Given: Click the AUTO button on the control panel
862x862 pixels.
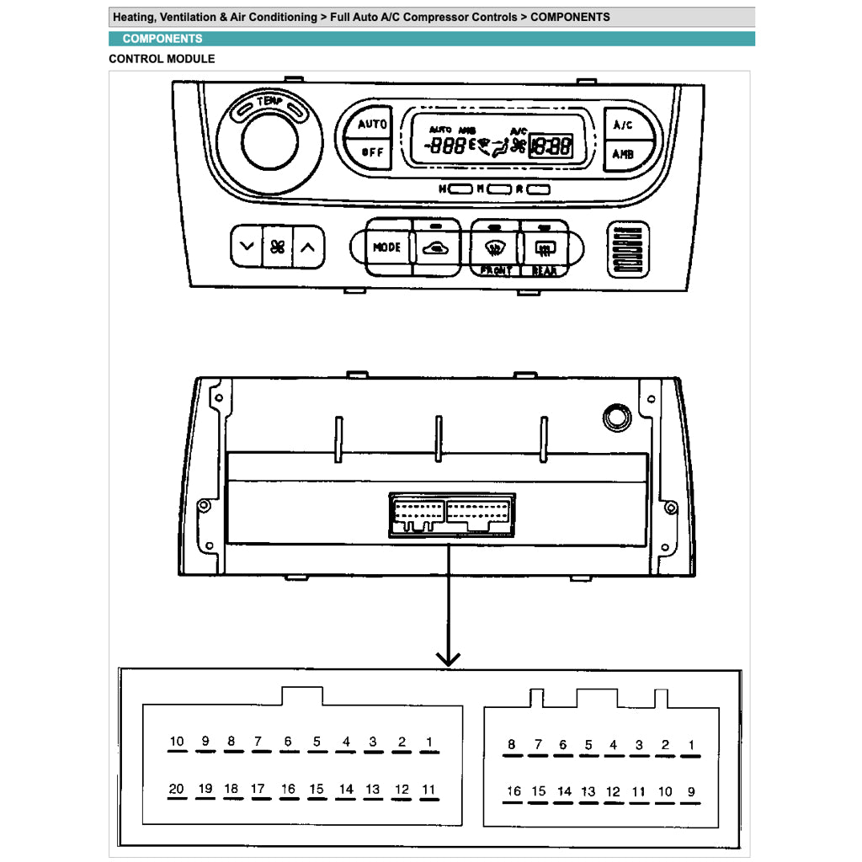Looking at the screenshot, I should coord(371,125).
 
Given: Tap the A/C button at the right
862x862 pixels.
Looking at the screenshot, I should coord(623,125).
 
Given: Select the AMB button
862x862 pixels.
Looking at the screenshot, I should coord(623,154).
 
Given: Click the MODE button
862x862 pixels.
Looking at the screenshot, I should coord(387,247).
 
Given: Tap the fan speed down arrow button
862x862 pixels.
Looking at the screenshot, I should coord(246,247).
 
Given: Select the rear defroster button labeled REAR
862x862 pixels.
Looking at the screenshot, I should coord(543,247).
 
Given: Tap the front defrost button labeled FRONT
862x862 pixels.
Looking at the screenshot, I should coord(495,247).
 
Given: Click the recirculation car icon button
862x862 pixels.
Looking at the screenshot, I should coord(435,247).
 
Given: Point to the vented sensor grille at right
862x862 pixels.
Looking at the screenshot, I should coord(627,250).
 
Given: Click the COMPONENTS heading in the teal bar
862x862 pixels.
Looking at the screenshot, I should coord(162,39).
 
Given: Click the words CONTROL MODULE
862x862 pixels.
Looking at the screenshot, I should coord(162,59).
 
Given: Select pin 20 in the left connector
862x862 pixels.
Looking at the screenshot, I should coord(177,790).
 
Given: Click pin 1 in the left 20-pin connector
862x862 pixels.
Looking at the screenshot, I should coord(429,742).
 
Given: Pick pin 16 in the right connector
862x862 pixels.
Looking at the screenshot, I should coord(513,791).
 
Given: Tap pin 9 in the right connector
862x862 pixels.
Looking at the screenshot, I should coord(691,791).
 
